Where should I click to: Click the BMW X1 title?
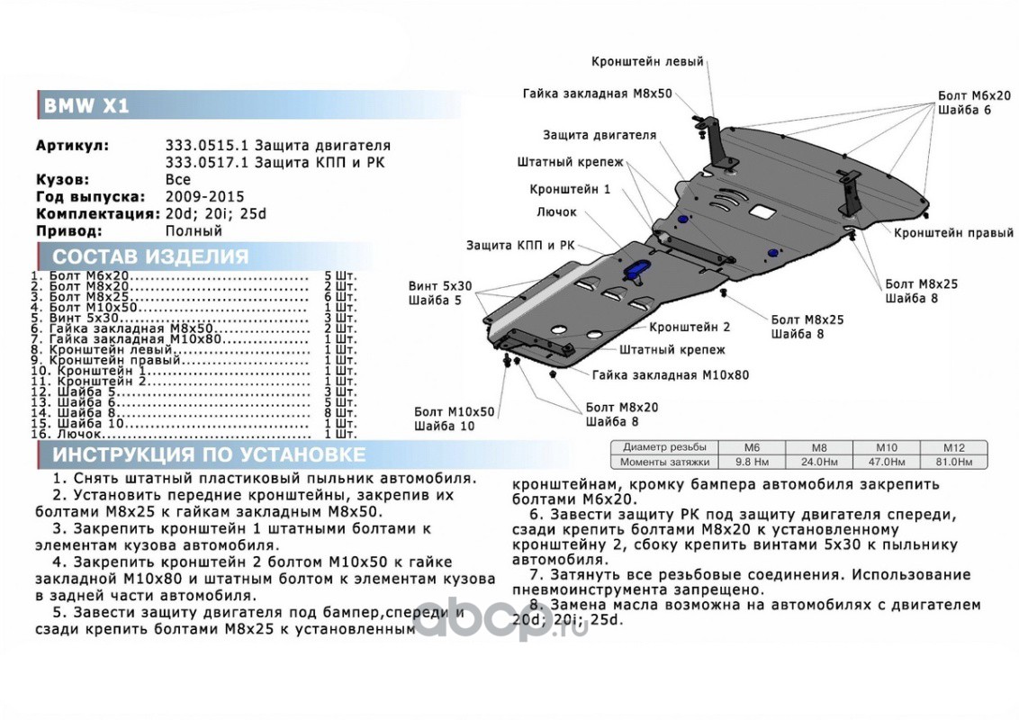click(x=87, y=106)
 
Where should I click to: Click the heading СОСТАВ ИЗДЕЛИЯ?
click(x=150, y=256)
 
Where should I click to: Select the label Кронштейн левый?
click(x=647, y=62)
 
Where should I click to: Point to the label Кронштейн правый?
click(x=953, y=233)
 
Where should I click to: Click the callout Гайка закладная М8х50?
click(x=597, y=94)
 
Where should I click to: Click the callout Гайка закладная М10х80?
click(x=671, y=375)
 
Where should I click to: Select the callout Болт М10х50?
click(x=455, y=411)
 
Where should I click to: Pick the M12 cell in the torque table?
click(x=953, y=447)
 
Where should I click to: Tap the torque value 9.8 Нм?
click(x=751, y=462)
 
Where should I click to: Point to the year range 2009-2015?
click(x=204, y=196)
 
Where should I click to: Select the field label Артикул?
click(x=73, y=146)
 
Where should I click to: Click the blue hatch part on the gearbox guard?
click(x=638, y=270)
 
